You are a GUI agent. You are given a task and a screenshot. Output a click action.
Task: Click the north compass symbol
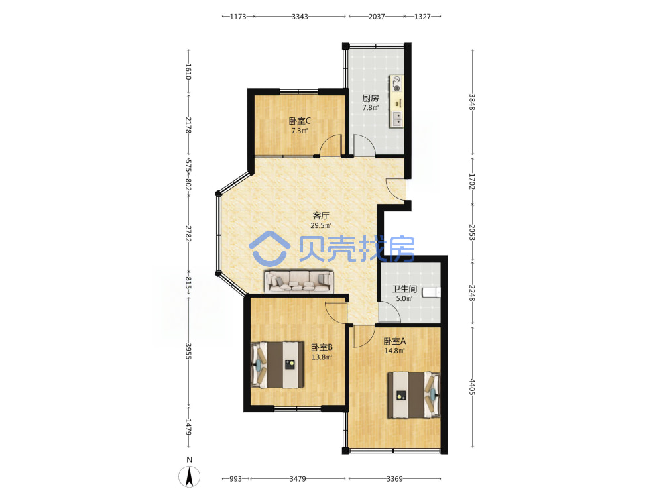pyautogui.click(x=189, y=476)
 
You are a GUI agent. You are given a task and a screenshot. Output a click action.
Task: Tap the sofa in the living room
pyautogui.click(x=299, y=281)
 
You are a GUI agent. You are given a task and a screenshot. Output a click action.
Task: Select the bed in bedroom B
pyautogui.click(x=277, y=364)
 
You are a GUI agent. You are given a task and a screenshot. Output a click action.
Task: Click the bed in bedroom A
pyautogui.click(x=414, y=395)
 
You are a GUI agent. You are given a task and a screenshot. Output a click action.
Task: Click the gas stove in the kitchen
pyautogui.click(x=396, y=83)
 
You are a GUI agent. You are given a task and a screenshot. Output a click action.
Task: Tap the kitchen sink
pyautogui.click(x=396, y=119)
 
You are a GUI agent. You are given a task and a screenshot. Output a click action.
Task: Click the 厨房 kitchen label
pyautogui.click(x=371, y=98)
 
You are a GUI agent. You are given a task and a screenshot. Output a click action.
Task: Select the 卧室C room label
pyautogui.click(x=300, y=121)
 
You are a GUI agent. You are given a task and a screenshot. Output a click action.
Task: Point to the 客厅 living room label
pyautogui.click(x=320, y=215)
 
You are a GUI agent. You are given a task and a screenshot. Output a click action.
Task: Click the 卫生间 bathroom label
pyautogui.click(x=404, y=289)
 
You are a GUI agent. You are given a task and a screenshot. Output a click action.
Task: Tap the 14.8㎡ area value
pyautogui.click(x=394, y=351)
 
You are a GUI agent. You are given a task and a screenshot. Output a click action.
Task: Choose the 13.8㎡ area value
pyautogui.click(x=322, y=357)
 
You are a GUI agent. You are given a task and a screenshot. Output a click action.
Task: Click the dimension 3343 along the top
pyautogui.click(x=300, y=17)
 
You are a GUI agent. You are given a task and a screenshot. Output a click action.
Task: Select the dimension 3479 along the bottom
pyautogui.click(x=298, y=479)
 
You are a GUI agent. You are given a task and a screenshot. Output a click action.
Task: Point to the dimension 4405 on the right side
pyautogui.click(x=472, y=387)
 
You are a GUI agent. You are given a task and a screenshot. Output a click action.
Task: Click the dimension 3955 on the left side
pyautogui.click(x=188, y=351)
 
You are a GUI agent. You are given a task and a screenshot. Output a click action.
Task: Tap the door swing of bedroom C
pyautogui.click(x=330, y=145)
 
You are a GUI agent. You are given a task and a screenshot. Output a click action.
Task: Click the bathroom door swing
pyautogui.click(x=389, y=312)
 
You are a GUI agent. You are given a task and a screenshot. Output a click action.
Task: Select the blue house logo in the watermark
pyautogui.click(x=269, y=248)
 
